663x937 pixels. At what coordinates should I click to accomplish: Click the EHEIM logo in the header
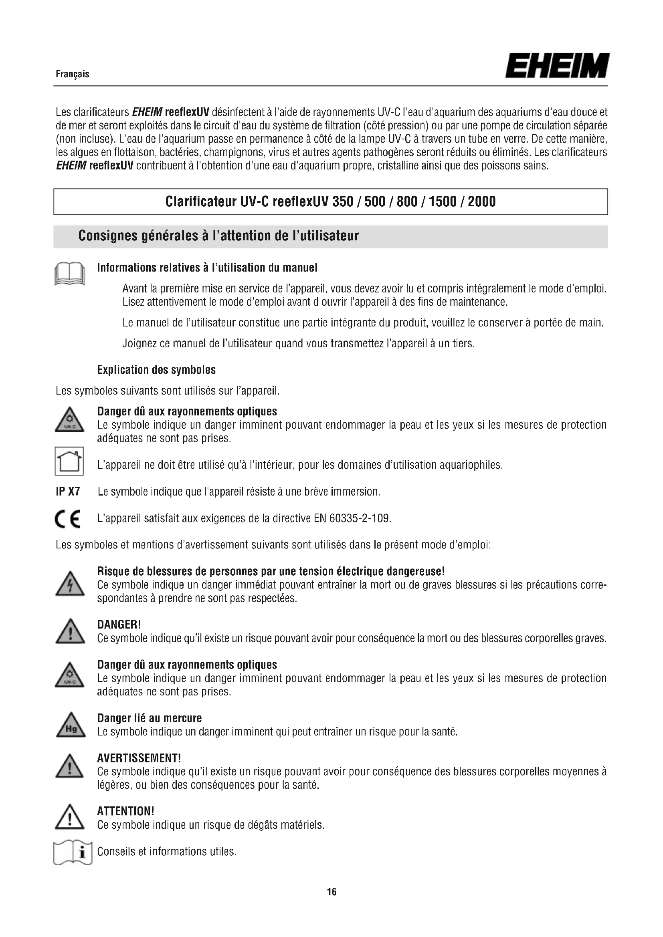(557, 65)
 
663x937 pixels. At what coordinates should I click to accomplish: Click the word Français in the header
(72, 74)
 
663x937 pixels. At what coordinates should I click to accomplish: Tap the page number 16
(331, 892)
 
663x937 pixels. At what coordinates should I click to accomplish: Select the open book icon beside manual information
(69, 274)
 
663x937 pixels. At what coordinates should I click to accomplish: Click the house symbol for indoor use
(69, 461)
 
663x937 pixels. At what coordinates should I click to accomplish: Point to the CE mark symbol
(68, 519)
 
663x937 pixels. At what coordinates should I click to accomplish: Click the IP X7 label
(68, 492)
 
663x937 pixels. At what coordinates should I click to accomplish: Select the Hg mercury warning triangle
(71, 725)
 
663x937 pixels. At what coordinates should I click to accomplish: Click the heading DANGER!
(119, 625)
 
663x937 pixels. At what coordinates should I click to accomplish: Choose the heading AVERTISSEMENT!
(139, 758)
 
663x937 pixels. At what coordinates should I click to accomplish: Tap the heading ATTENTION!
(125, 811)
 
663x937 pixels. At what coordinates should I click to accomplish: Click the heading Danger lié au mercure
(150, 718)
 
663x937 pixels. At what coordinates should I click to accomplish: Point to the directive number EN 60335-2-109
(352, 518)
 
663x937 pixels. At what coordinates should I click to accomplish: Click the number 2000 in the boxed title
(481, 202)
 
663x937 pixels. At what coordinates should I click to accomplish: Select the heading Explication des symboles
(156, 370)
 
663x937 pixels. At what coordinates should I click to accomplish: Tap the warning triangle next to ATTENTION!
(70, 818)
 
